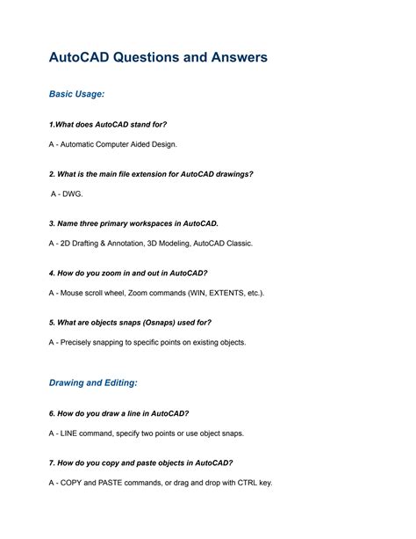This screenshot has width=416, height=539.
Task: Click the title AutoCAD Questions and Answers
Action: click(x=158, y=58)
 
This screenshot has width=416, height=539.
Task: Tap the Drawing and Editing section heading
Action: click(x=93, y=383)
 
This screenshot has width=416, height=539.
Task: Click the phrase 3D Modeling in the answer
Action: click(x=174, y=243)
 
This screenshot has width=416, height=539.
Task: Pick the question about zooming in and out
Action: click(x=128, y=273)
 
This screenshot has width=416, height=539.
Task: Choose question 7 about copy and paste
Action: click(x=140, y=463)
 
